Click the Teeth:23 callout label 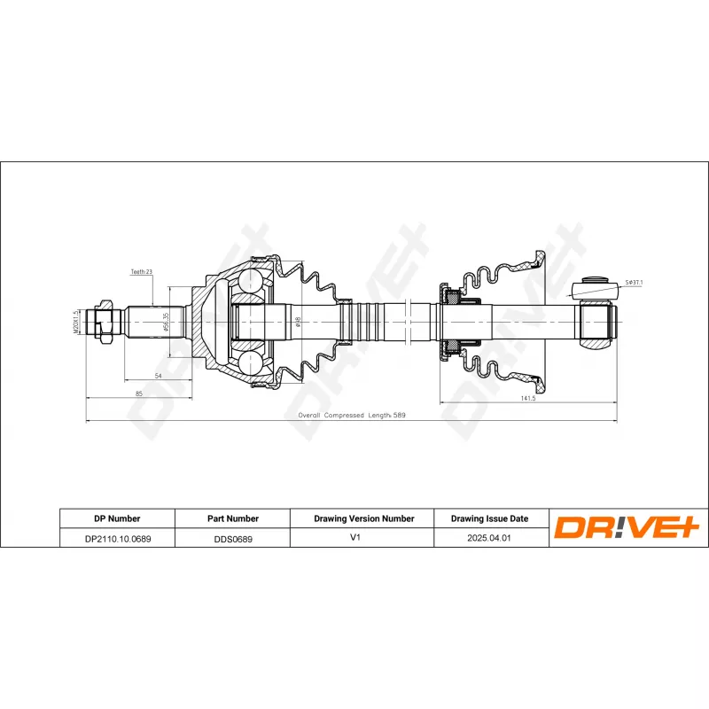[x=142, y=272]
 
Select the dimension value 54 [x=158, y=376]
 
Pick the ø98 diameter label [x=298, y=321]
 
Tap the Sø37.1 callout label [x=633, y=282]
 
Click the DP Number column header [x=117, y=518]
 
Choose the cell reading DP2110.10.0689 [x=117, y=537]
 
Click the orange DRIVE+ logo [x=627, y=527]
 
